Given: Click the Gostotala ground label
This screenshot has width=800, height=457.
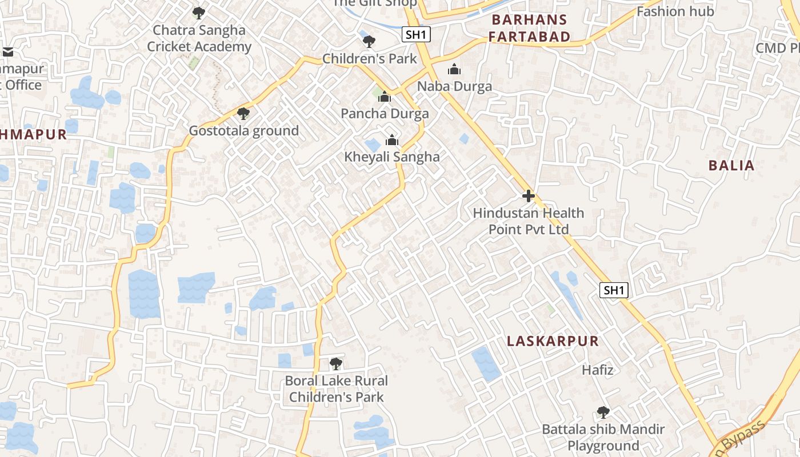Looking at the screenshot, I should coord(244,131).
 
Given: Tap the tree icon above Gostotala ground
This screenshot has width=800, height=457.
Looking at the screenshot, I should coord(243,114).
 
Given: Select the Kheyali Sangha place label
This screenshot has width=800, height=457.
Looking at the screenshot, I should coord(392,157).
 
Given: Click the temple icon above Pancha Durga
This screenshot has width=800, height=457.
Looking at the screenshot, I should coord(385,97).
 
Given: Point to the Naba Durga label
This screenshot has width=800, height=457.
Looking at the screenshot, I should coord(454,86).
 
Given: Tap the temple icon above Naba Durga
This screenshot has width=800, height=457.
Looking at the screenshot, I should coord(454,70).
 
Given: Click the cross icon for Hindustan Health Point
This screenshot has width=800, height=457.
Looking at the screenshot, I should coord(529,196).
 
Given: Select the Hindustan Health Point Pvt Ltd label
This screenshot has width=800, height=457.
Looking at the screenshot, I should coord(529,221).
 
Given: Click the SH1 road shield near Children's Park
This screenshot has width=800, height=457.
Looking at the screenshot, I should coord(416,34).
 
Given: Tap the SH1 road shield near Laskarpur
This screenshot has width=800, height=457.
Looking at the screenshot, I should coord(614,290).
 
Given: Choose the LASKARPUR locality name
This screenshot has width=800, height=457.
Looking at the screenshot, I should coord(553,341).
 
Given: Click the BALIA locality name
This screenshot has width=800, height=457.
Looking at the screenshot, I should coord(731,166).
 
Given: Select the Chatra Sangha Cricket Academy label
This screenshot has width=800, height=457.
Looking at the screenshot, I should coord(199,38).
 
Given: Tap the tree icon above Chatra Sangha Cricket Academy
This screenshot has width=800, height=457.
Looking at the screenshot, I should coord(198,13).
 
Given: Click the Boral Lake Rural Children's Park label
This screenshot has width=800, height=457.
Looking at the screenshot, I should coord(336,388).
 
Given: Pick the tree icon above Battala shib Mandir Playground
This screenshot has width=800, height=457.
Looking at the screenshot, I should coord(603,412).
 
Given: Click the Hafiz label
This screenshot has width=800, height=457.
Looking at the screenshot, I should coord(598,370).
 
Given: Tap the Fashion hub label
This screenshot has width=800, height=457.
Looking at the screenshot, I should coord(675,11).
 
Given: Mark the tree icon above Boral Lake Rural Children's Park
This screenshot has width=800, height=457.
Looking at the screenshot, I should coord(336,363).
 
